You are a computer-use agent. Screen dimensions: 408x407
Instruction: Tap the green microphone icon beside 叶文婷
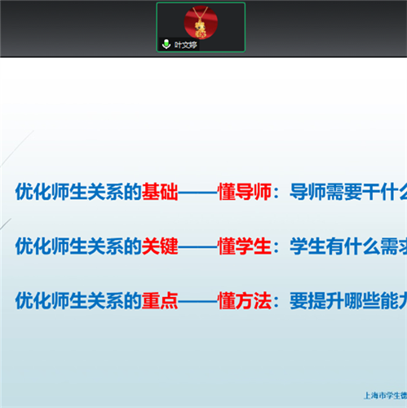(x=166, y=45)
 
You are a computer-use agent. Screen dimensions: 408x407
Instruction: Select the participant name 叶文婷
(x=186, y=45)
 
